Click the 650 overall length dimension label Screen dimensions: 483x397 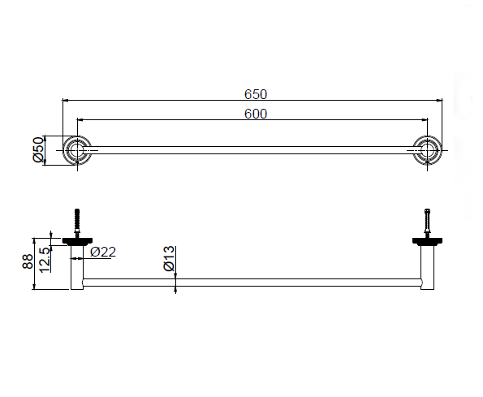[x=256, y=94]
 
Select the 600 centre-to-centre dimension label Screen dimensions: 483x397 [x=256, y=114]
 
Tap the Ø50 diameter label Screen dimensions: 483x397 [x=38, y=149]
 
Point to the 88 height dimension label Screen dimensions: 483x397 [x=28, y=261]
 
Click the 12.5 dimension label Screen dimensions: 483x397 [x=45, y=260]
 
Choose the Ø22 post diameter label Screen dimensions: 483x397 [x=103, y=252]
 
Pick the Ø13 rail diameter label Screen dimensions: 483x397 [x=169, y=258]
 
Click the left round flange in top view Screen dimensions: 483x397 [x=77, y=150]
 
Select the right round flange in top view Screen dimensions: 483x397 [x=427, y=150]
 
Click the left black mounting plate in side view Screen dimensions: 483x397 [x=77, y=240]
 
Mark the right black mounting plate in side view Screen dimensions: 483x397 [x=427, y=240]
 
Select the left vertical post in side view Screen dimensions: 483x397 [x=77, y=267]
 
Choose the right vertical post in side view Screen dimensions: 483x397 [x=427, y=267]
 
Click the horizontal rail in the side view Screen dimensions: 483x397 [x=252, y=283]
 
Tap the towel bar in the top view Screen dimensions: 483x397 [x=252, y=150]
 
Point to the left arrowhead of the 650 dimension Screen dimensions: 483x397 [x=65, y=100]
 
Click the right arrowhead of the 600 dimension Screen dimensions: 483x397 [x=425, y=119]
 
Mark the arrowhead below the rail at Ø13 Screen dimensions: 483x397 [x=175, y=290]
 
